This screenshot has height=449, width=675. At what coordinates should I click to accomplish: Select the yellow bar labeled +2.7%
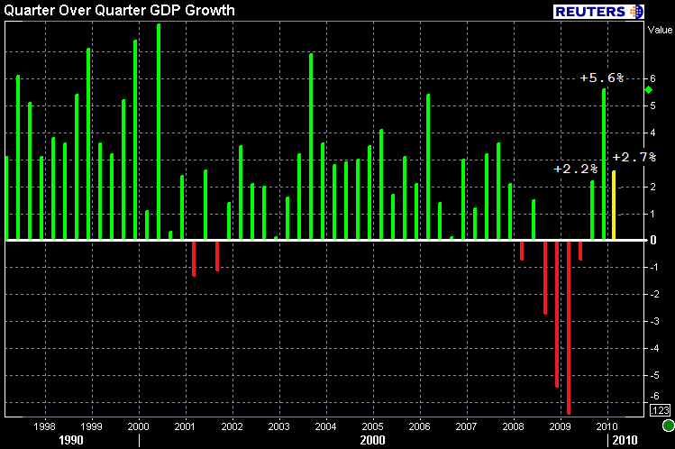615,206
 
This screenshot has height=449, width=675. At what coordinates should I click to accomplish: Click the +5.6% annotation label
602,78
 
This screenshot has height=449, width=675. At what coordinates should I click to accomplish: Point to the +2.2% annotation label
575,169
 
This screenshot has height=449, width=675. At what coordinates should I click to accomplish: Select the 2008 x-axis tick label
514,426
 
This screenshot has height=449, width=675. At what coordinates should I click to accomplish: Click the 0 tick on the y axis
653,241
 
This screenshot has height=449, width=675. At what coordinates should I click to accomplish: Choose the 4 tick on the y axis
653,133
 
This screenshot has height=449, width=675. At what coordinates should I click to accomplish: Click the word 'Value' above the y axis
660,29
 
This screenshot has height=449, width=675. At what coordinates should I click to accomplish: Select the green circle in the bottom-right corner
668,426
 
